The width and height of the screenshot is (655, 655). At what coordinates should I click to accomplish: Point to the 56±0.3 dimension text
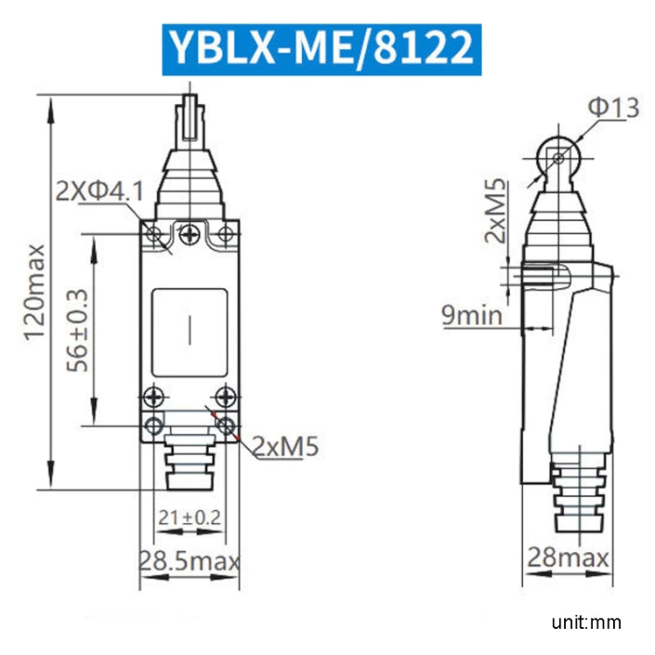(79, 330)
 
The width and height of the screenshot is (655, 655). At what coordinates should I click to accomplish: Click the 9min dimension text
(472, 314)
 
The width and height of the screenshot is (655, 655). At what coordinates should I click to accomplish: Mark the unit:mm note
(586, 622)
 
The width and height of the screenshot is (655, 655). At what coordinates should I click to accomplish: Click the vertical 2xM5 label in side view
(497, 210)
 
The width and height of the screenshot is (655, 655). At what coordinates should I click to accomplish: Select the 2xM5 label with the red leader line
(286, 447)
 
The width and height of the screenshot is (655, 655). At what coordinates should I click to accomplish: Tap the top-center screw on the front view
(190, 233)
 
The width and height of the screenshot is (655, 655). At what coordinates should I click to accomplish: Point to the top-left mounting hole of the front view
(154, 233)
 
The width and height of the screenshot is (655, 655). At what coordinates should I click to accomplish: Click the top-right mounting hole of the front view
(225, 233)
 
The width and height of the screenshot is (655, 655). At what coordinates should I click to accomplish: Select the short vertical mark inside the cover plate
(190, 330)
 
